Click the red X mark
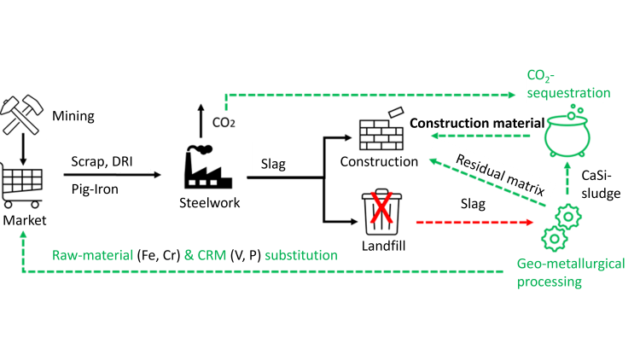point(380,208)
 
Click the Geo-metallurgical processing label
point(570,272)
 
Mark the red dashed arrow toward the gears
point(474,222)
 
